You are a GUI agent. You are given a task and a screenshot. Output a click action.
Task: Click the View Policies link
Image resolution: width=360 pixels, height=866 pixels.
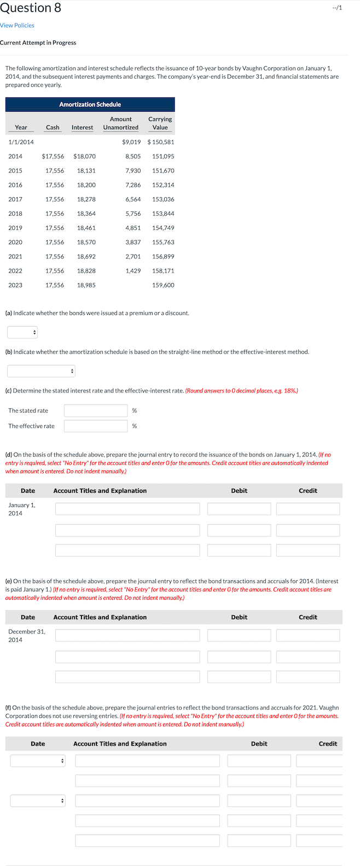17,25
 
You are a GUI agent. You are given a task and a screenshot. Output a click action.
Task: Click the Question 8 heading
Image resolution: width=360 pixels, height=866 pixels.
31,8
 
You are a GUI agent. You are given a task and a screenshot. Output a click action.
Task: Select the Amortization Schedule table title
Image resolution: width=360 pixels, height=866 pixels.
90,104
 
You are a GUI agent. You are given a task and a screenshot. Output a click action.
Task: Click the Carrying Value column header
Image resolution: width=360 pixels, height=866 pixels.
160,123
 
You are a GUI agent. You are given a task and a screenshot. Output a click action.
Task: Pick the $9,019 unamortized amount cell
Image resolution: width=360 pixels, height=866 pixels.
131,142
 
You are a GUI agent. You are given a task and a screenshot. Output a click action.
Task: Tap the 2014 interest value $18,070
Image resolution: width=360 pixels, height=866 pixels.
84,156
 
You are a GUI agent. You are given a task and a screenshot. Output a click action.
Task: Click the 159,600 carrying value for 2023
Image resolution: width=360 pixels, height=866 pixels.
163,285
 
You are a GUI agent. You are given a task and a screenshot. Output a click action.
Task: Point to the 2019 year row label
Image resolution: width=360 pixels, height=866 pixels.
15,228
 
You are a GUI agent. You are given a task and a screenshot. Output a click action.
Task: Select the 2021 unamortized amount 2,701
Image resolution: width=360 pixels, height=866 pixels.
133,256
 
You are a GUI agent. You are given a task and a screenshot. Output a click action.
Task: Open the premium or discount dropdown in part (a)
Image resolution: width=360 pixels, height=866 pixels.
22,332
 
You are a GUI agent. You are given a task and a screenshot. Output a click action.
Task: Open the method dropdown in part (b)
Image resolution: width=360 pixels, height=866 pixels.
41,371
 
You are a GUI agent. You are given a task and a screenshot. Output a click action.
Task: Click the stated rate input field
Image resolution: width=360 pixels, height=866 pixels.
96,411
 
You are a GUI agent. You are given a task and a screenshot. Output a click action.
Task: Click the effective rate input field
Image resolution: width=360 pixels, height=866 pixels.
96,426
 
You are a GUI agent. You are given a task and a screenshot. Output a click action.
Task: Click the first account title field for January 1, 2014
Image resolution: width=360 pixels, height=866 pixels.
127,509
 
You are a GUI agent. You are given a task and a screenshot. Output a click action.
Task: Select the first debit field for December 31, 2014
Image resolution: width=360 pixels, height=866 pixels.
239,635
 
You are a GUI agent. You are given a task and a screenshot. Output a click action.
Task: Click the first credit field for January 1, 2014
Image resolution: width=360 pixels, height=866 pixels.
308,509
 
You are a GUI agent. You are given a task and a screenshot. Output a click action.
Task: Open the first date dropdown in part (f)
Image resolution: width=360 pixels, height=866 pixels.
38,761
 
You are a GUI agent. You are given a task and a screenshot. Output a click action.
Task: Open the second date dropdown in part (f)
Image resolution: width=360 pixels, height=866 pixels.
38,801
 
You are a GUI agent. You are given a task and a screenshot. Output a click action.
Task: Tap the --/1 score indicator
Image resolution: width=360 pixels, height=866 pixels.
337,8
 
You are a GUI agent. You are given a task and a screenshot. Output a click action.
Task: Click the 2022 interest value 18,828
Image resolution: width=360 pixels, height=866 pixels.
86,270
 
